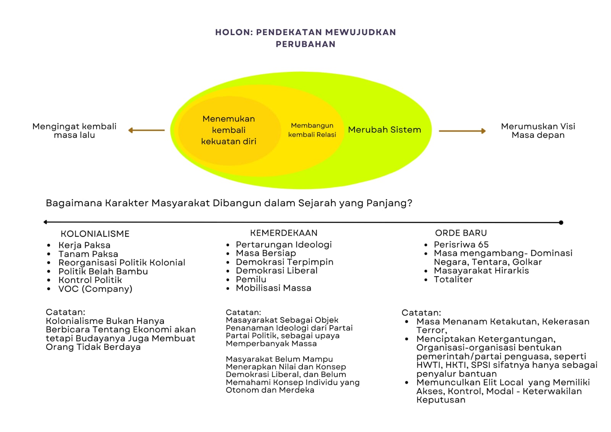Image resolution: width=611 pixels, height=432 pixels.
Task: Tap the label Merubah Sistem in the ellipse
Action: click(x=385, y=129)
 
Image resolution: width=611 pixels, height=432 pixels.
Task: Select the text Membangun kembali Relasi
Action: click(x=312, y=130)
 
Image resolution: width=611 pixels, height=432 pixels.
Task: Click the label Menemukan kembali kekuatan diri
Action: click(x=229, y=130)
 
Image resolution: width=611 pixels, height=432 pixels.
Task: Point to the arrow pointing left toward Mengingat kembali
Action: click(x=147, y=131)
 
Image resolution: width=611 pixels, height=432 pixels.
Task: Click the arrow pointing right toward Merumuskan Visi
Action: click(x=462, y=131)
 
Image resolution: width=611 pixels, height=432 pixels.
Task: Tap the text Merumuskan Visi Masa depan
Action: click(x=538, y=131)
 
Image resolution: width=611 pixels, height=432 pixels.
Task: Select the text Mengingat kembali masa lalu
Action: click(x=74, y=131)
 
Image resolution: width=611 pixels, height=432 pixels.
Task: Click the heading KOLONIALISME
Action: click(x=95, y=234)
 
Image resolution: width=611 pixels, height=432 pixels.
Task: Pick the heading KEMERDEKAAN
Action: click(x=284, y=233)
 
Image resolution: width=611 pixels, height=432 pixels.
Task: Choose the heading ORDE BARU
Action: click(x=461, y=233)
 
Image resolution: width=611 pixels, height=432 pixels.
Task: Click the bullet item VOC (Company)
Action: click(x=95, y=289)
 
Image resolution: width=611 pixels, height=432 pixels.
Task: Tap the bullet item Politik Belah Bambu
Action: click(x=103, y=271)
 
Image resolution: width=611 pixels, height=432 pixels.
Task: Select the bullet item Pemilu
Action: click(x=251, y=279)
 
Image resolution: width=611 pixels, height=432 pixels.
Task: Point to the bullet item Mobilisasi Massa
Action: click(x=273, y=288)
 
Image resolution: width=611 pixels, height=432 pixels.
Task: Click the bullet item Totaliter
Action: click(x=453, y=279)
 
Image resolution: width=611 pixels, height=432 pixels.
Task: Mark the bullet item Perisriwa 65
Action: click(x=461, y=244)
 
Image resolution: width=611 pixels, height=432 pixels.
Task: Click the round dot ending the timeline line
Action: click(x=561, y=222)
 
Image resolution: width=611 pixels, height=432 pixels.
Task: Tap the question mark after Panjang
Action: click(x=409, y=203)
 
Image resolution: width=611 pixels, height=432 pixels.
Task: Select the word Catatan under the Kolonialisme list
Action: click(x=65, y=312)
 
